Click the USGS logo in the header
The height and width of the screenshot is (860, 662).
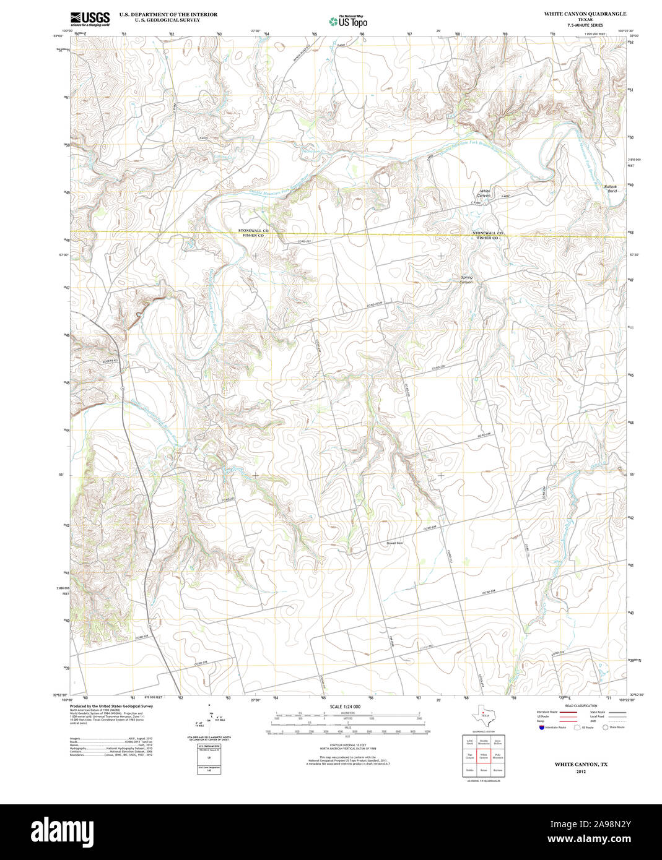click(x=90, y=19)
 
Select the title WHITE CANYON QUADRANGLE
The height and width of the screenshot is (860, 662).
click(x=585, y=14)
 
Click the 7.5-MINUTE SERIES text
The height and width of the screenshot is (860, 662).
click(x=585, y=25)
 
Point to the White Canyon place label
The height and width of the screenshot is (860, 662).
click(x=484, y=193)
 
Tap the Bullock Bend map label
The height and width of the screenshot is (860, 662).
click(x=611, y=189)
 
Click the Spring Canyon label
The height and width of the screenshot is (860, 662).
click(x=466, y=280)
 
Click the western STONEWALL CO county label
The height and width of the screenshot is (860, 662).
click(x=253, y=230)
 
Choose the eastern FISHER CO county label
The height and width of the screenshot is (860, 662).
click(x=487, y=238)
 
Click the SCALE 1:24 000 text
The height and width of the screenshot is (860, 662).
click(x=345, y=707)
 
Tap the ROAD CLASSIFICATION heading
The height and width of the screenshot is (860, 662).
click(x=581, y=706)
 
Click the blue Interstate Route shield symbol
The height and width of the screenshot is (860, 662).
click(x=541, y=728)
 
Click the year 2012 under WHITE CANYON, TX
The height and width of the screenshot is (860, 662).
click(x=580, y=772)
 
